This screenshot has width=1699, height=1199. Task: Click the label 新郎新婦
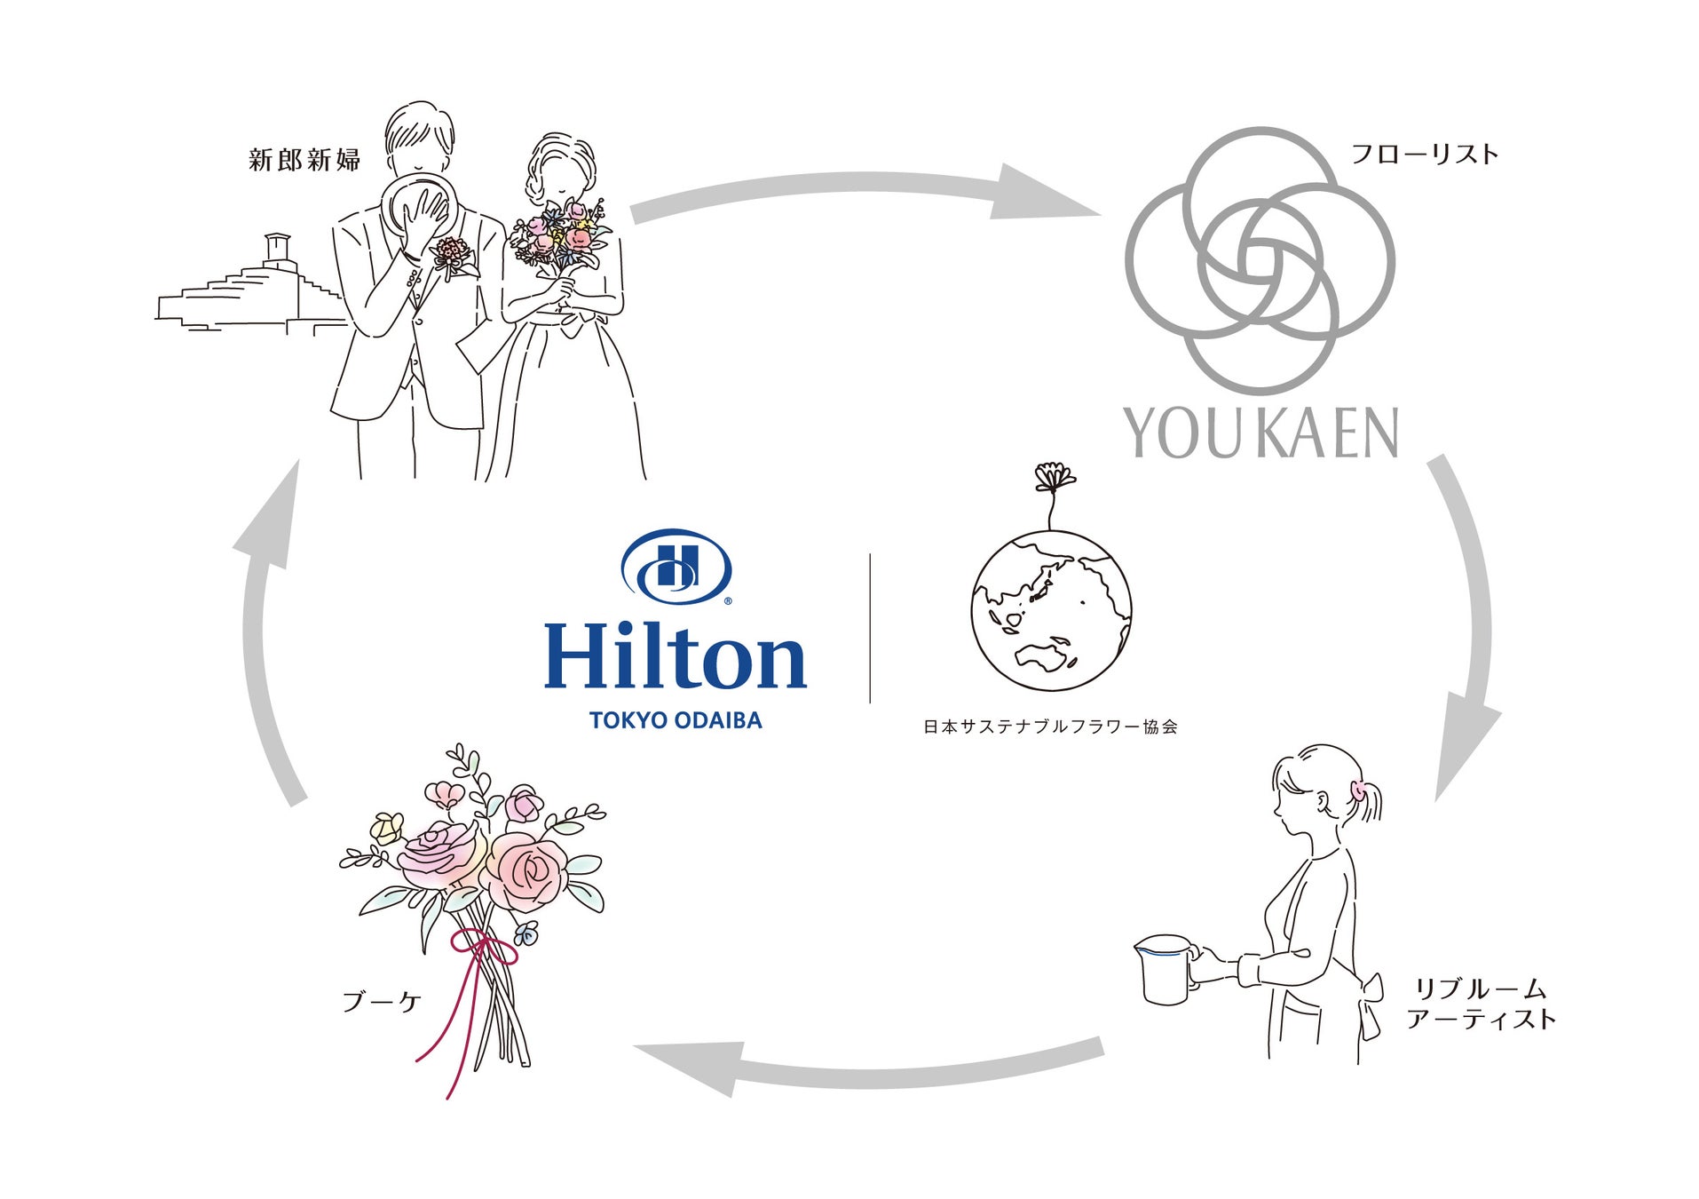[x=304, y=160]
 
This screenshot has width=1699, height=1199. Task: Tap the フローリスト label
[x=1424, y=155]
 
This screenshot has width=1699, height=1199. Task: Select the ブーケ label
[x=381, y=1002]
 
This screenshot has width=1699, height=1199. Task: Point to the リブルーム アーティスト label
[x=1481, y=1004]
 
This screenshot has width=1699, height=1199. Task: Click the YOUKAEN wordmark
[x=1261, y=433]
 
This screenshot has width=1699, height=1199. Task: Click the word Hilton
[x=675, y=656]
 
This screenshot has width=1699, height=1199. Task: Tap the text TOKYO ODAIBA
[x=676, y=720]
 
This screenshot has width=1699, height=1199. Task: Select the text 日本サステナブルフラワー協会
[x=1050, y=727]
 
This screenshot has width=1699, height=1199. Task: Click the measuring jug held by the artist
[x=1165, y=968]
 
